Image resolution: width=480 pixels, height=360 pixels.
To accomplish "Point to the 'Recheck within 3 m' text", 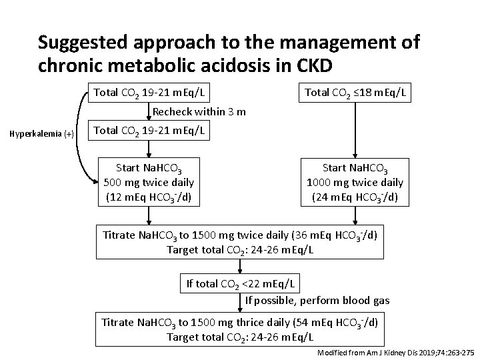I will click(199, 111).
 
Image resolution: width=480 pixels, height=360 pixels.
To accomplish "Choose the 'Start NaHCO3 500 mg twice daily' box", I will click(149, 182).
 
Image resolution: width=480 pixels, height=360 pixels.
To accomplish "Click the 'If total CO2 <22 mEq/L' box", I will click(240, 283).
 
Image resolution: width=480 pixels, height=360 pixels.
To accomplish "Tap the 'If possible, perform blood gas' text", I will click(317, 301).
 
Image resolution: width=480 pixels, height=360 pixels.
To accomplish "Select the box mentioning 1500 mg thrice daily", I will click(240, 329).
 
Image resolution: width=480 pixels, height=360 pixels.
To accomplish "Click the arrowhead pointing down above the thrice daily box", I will click(240, 307).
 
